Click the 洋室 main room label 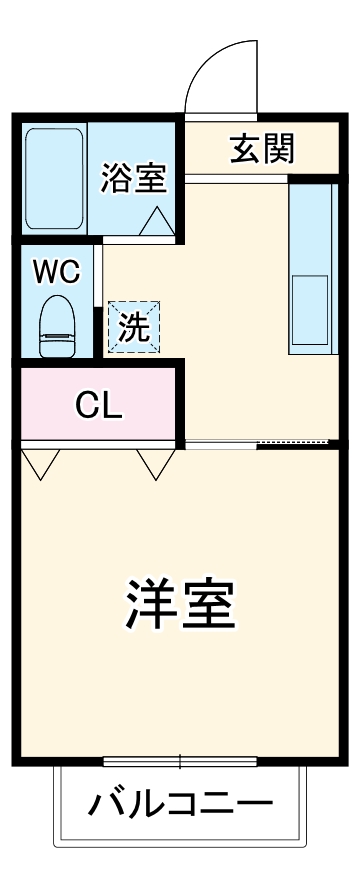point(180,602)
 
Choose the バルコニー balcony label point(180,803)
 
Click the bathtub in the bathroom point(54,177)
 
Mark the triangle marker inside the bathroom point(157,222)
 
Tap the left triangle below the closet point(43,464)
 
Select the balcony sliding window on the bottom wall point(179,762)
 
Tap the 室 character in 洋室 point(208,602)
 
